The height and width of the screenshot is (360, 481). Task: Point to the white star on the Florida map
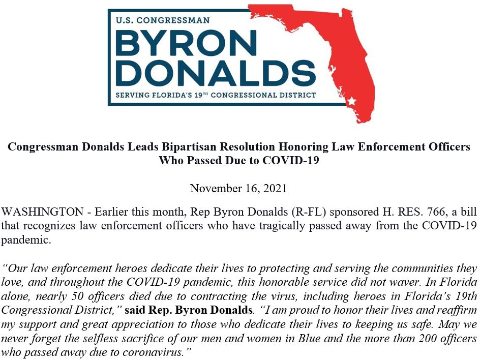[x=351, y=102]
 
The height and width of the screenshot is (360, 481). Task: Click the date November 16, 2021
[x=238, y=189]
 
